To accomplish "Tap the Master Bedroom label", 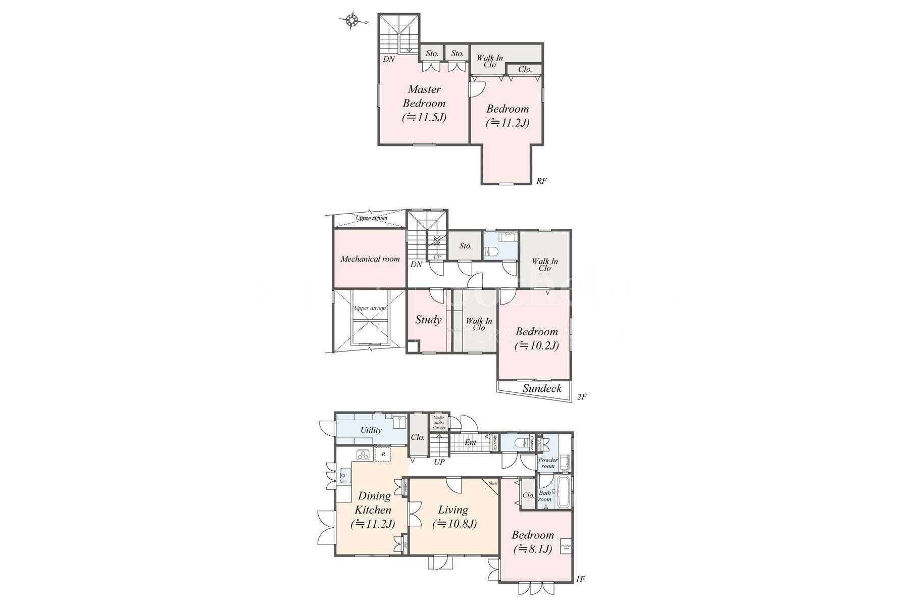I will [x=424, y=96].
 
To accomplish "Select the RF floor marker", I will [x=541, y=181].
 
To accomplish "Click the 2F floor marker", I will [x=581, y=397].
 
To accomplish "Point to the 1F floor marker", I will [x=580, y=579].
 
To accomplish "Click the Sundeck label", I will [x=542, y=388].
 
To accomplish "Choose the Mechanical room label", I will [x=370, y=259].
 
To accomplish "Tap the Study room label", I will [x=428, y=320].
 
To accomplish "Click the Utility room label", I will [x=371, y=430].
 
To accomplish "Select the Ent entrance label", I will [x=470, y=443].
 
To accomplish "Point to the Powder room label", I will [x=548, y=463].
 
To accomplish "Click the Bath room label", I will [x=545, y=496].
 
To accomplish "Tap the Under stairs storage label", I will [x=439, y=422].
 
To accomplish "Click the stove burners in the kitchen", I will [x=364, y=455].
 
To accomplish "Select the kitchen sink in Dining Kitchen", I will [x=346, y=475].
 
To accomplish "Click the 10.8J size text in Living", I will [x=454, y=524].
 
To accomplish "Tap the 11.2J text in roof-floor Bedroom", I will [x=508, y=123].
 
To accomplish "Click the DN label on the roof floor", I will [x=388, y=59].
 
